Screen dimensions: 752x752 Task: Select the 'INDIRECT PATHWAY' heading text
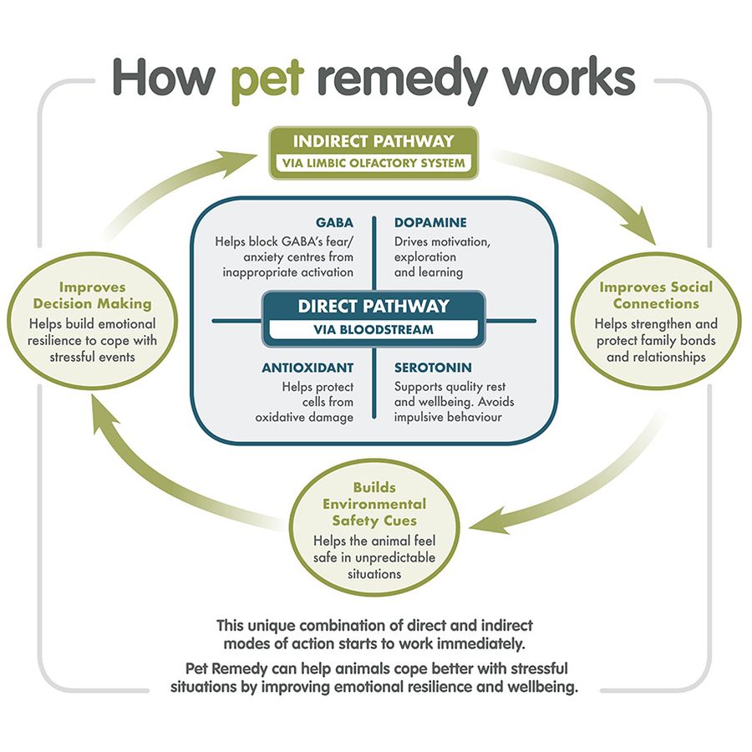coord(373,141)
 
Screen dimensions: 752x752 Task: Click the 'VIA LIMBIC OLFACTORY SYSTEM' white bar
coord(373,163)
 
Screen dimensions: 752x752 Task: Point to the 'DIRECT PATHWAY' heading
coord(373,306)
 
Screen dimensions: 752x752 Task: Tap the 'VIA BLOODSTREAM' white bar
coord(373,329)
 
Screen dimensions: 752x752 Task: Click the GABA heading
coord(334,223)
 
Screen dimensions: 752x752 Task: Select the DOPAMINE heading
coord(430,223)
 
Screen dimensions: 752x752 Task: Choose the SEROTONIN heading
coord(433,368)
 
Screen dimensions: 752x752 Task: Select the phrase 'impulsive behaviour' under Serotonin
coord(448,417)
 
